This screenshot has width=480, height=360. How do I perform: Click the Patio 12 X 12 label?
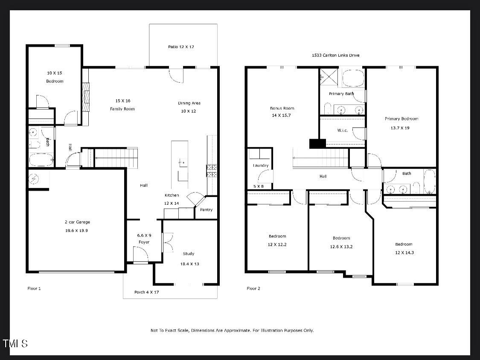[x=181, y=47]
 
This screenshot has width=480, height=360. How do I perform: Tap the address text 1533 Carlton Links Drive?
[x=335, y=55]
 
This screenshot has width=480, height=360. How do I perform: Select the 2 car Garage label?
[x=77, y=222]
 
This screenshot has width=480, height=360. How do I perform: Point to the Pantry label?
[x=206, y=210]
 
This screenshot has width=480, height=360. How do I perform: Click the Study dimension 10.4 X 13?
[x=189, y=264]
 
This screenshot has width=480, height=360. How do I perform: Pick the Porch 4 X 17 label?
[x=146, y=292]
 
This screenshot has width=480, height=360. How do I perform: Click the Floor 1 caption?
[x=34, y=289]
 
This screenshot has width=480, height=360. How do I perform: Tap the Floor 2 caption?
[x=253, y=289]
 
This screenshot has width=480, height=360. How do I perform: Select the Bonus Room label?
[x=282, y=108]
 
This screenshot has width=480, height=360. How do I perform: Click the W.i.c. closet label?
[x=343, y=131]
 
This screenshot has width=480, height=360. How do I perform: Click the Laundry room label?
[x=260, y=165]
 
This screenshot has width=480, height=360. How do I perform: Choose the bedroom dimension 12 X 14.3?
[x=404, y=253]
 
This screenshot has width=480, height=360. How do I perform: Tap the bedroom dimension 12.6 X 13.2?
[x=341, y=247]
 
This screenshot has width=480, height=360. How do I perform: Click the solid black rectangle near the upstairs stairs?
[x=317, y=144]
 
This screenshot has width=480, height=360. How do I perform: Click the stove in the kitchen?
[x=212, y=171]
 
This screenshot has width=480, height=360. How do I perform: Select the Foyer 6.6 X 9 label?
[x=144, y=238]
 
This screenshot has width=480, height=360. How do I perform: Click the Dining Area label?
[x=189, y=103]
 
